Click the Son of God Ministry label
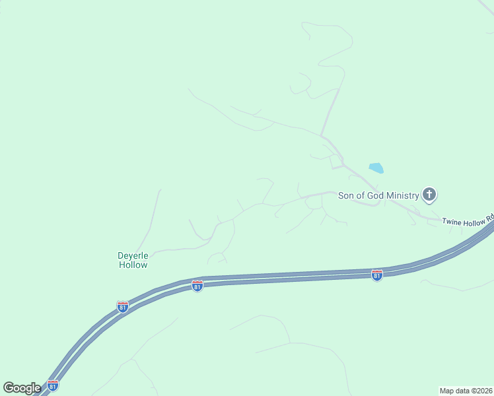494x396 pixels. click(x=378, y=195)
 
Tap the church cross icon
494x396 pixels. click(x=429, y=194)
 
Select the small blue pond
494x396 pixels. click(x=376, y=168)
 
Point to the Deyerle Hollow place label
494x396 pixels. click(x=133, y=259)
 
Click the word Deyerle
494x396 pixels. click(x=133, y=255)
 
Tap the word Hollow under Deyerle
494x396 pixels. click(x=133, y=265)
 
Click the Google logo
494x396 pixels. click(x=21, y=388)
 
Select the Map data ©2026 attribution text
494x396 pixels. click(x=466, y=390)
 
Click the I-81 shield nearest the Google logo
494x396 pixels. click(x=52, y=385)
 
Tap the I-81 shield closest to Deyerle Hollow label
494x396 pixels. click(x=122, y=307)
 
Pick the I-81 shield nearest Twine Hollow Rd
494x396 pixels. click(x=376, y=275)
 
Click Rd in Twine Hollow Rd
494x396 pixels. click(x=490, y=216)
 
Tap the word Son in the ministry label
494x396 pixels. click(x=346, y=195)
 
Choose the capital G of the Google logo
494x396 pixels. click(x=9, y=387)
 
